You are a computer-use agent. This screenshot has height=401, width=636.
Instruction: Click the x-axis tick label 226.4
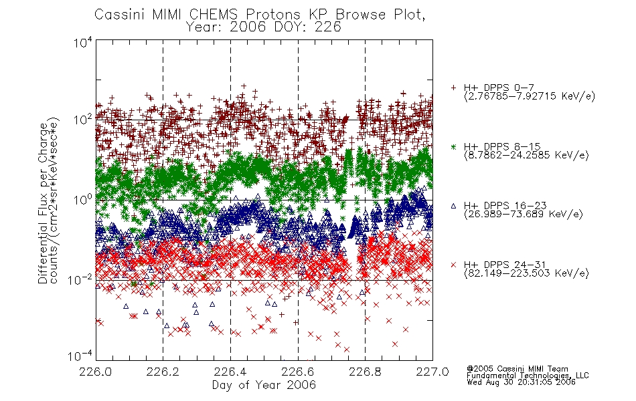click(x=230, y=372)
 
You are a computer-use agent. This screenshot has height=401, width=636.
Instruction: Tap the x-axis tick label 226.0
click(x=96, y=372)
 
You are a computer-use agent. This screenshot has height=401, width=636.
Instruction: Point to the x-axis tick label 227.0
click(x=432, y=372)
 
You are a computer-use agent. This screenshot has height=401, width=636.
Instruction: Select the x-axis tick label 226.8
click(x=365, y=372)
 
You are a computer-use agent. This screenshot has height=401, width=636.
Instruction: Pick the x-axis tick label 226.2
click(x=163, y=372)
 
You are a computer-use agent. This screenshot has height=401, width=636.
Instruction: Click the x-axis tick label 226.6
click(x=298, y=372)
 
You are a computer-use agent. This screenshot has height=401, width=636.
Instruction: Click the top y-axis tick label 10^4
click(x=83, y=43)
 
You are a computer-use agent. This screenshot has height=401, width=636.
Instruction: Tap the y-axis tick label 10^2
click(x=83, y=120)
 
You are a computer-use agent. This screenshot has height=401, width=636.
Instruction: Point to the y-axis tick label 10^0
click(x=83, y=200)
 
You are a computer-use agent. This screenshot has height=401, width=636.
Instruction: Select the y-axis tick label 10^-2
click(x=80, y=279)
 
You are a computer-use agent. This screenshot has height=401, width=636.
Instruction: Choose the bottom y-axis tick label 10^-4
click(x=80, y=356)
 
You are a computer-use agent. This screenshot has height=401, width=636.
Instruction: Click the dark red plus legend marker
click(x=453, y=88)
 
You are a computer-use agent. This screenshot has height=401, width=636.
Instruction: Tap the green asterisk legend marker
click(x=453, y=146)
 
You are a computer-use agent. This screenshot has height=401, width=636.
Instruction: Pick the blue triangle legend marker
click(x=453, y=206)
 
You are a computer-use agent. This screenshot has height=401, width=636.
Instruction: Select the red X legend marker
click(x=453, y=265)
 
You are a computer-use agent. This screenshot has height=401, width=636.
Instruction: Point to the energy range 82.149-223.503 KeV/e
click(x=526, y=273)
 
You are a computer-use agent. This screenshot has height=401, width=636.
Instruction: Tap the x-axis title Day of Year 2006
click(x=264, y=385)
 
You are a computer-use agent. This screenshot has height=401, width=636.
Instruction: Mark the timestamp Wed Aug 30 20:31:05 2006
click(x=521, y=382)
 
